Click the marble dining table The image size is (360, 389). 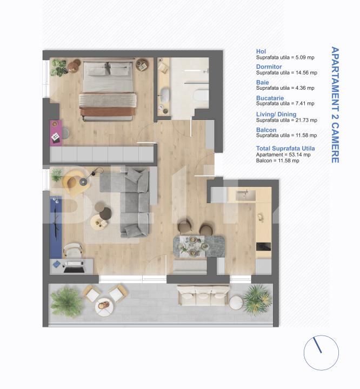[194, 246]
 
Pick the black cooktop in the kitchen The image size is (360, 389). [263, 246]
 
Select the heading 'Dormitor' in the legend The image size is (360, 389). [269, 67]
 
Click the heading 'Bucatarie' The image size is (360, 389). [270, 98]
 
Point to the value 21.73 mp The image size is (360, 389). [305, 120]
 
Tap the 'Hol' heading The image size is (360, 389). [261, 51]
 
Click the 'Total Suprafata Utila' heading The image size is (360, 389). [285, 148]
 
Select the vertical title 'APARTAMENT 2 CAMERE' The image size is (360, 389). [335, 105]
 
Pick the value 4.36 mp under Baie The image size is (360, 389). [305, 88]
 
